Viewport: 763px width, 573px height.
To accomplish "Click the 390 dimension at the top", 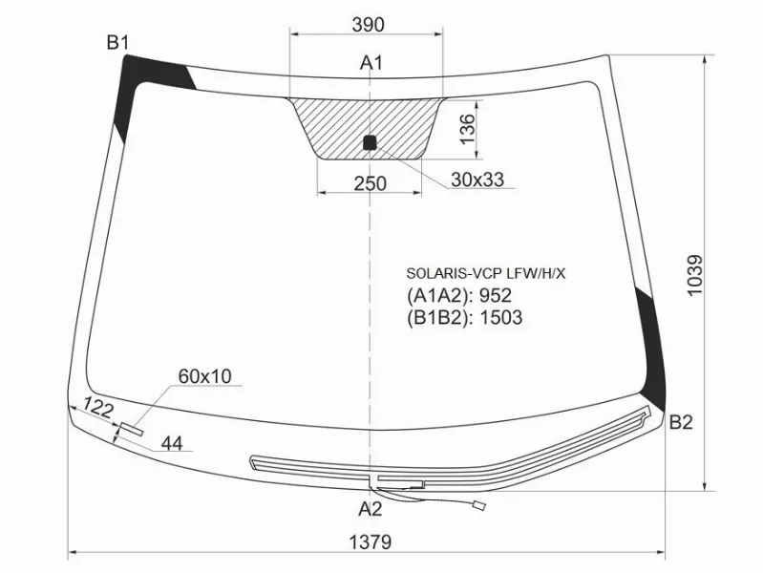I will tap(368, 24).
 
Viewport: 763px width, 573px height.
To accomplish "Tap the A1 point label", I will tap(371, 64).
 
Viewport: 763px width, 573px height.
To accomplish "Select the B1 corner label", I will tap(117, 41).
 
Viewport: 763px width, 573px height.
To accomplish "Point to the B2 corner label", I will tap(680, 423).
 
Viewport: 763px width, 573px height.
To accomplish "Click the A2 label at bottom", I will tap(371, 508).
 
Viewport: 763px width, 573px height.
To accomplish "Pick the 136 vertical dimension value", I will tap(467, 128).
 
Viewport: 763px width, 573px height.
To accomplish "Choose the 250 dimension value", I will tap(369, 183).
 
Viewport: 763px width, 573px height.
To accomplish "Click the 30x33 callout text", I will tap(477, 180).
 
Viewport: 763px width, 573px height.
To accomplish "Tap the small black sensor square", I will tap(371, 143).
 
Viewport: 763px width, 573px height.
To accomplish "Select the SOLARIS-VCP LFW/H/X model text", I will tap(486, 273).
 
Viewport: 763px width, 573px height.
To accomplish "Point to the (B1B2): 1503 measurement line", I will tap(464, 318).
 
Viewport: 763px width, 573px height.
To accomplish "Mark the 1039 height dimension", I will tap(694, 275).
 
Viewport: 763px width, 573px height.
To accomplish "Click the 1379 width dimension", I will tap(369, 542).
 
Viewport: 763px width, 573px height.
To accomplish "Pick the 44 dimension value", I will tap(172, 442).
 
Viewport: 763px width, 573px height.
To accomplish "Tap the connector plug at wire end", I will tap(482, 508).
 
